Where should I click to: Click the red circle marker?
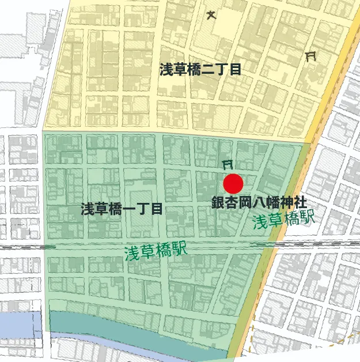[x=233, y=184]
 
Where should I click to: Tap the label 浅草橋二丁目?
[x=200, y=70]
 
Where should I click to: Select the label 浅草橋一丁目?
[x=122, y=209]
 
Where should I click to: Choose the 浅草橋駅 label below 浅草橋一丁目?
[x=156, y=251]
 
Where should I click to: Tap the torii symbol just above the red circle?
[x=228, y=164]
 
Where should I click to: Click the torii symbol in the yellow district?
[x=312, y=56]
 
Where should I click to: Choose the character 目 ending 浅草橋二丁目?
[x=234, y=70]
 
